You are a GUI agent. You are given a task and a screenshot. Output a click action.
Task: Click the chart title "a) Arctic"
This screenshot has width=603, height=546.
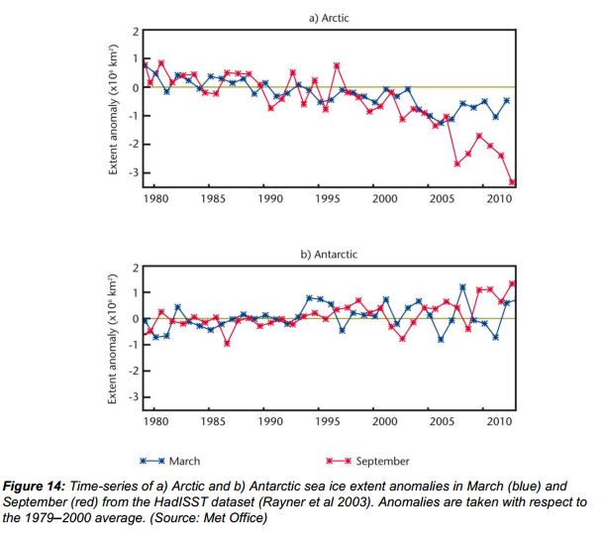tap(328, 18)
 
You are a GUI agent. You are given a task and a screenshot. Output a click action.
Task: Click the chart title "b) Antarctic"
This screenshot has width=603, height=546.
tap(328, 255)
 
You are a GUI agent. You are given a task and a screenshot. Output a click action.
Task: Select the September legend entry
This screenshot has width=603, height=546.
tap(367, 461)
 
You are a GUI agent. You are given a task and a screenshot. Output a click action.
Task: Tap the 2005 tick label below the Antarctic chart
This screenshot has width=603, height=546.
tap(442, 420)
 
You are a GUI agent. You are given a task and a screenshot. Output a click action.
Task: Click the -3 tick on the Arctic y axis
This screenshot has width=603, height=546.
tap(136, 173)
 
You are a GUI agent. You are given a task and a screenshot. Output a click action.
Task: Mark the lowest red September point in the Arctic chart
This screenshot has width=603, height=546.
tap(512, 181)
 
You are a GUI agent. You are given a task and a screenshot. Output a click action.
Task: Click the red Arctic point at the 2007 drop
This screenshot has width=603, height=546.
tap(456, 164)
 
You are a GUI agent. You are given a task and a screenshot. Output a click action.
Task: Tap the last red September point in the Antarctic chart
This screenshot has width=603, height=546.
tap(512, 283)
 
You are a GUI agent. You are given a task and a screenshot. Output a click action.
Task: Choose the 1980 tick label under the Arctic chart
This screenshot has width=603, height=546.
tap(155, 199)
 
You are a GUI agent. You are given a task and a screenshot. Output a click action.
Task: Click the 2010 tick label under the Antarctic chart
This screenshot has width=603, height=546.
tap(499, 420)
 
